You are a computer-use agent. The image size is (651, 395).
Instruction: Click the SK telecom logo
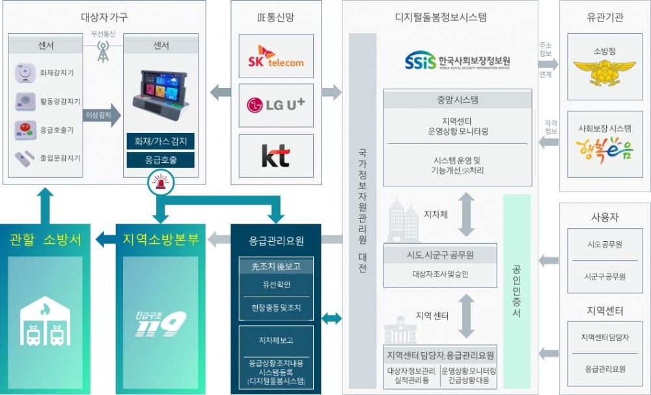point(276,56)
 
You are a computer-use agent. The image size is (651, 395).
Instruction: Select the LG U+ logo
point(276,104)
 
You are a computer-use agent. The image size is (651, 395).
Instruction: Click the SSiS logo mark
point(421,62)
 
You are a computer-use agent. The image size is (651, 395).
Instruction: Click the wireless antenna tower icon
point(103,51)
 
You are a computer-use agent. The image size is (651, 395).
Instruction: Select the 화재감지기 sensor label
point(57,73)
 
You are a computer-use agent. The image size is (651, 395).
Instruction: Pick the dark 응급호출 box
point(161,160)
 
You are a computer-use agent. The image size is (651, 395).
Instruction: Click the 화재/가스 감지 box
point(161,141)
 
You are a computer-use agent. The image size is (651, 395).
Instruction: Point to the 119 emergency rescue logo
point(160,324)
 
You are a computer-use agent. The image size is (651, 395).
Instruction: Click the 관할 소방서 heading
point(46,239)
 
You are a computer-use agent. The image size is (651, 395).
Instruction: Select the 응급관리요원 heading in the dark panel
point(276,241)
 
